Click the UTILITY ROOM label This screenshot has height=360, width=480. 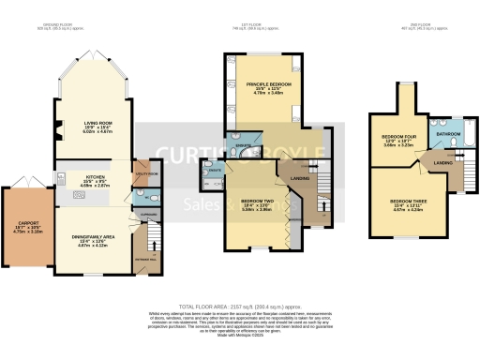pos(142,174)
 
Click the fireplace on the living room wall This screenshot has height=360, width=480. pos(59,129)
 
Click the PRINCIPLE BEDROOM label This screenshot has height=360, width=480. pos(268,85)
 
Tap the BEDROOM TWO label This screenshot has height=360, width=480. pos(256,201)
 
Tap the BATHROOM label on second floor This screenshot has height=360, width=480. pos(447,134)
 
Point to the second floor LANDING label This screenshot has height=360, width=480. pos(442,165)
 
